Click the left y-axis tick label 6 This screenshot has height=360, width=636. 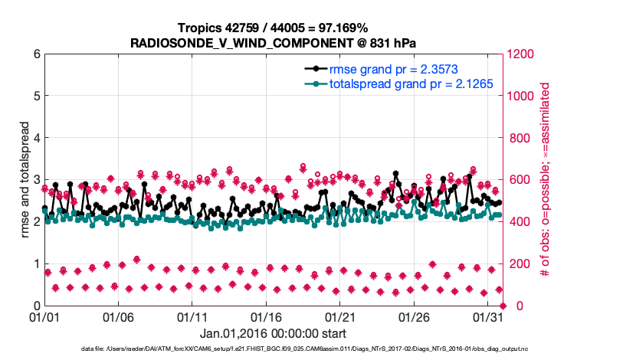click(36, 54)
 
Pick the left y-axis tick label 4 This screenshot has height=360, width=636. click(36, 138)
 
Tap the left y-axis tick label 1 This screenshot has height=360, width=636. click(36, 263)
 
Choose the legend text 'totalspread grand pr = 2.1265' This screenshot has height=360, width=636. click(411, 83)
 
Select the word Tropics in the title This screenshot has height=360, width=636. click(200, 28)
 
